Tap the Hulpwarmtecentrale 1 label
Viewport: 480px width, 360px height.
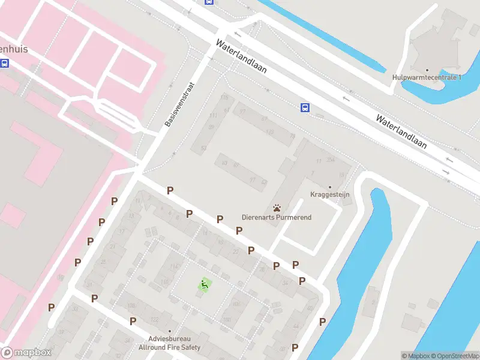click(427, 77)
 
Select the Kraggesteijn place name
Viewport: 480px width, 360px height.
click(329, 194)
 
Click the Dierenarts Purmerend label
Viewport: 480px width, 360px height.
click(277, 217)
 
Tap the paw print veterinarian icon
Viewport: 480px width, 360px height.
click(277, 208)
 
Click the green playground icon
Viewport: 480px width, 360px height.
click(205, 284)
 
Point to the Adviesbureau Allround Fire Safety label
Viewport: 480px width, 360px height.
click(170, 343)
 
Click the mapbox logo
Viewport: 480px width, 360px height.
click(26, 353)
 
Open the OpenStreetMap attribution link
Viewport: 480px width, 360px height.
click(454, 356)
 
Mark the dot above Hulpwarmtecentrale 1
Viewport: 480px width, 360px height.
click(427, 70)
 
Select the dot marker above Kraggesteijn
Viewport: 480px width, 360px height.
click(329, 187)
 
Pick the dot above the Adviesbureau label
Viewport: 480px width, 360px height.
click(170, 331)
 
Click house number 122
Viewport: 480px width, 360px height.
click(154, 319)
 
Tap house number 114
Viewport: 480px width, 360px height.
click(175, 267)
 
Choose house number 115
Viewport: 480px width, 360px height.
click(225, 97)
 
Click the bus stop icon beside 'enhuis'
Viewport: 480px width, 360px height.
click(5, 63)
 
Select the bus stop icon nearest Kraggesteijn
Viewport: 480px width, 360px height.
click(305, 107)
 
